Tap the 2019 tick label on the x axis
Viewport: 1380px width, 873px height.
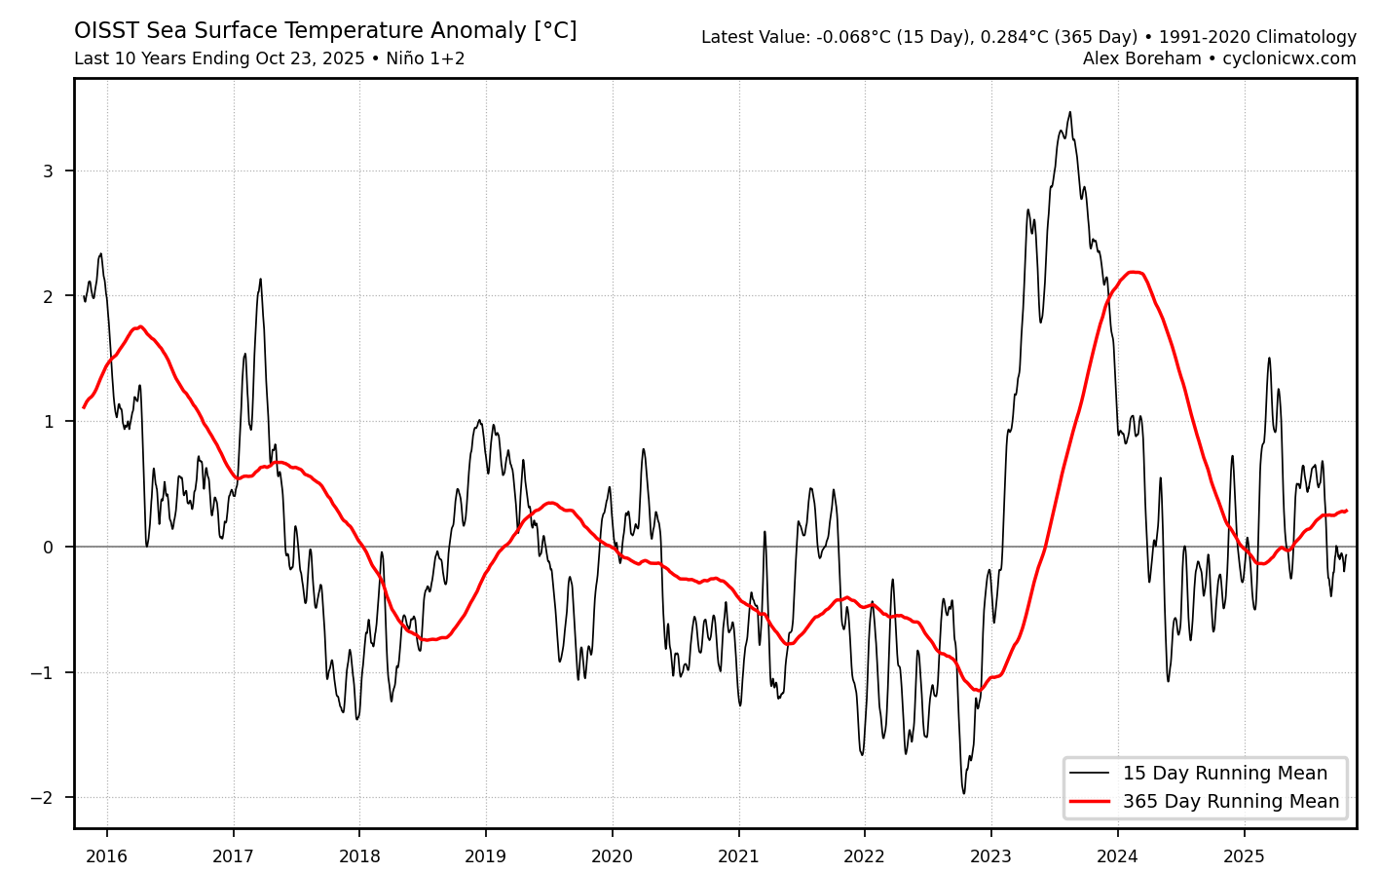[x=485, y=856]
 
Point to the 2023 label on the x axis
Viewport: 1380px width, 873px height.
[x=990, y=856]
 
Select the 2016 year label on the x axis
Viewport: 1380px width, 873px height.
[x=106, y=856]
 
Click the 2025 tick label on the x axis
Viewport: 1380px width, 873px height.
[x=1244, y=856]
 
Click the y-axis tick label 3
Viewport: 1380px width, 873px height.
[x=47, y=171]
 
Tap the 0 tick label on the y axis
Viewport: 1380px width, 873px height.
[x=47, y=548]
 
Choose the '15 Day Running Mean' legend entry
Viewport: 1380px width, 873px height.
[x=1224, y=774]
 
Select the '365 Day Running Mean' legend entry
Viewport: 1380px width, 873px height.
[x=1230, y=802]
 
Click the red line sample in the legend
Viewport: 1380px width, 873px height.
[x=1089, y=802]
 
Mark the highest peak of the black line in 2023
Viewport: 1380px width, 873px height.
[x=1069, y=112]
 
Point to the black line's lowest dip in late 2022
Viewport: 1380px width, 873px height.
[x=964, y=793]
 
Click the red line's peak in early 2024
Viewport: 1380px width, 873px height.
[x=1133, y=272]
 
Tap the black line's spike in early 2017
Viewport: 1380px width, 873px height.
[x=260, y=280]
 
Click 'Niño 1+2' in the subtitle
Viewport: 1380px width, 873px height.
[x=425, y=59]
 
